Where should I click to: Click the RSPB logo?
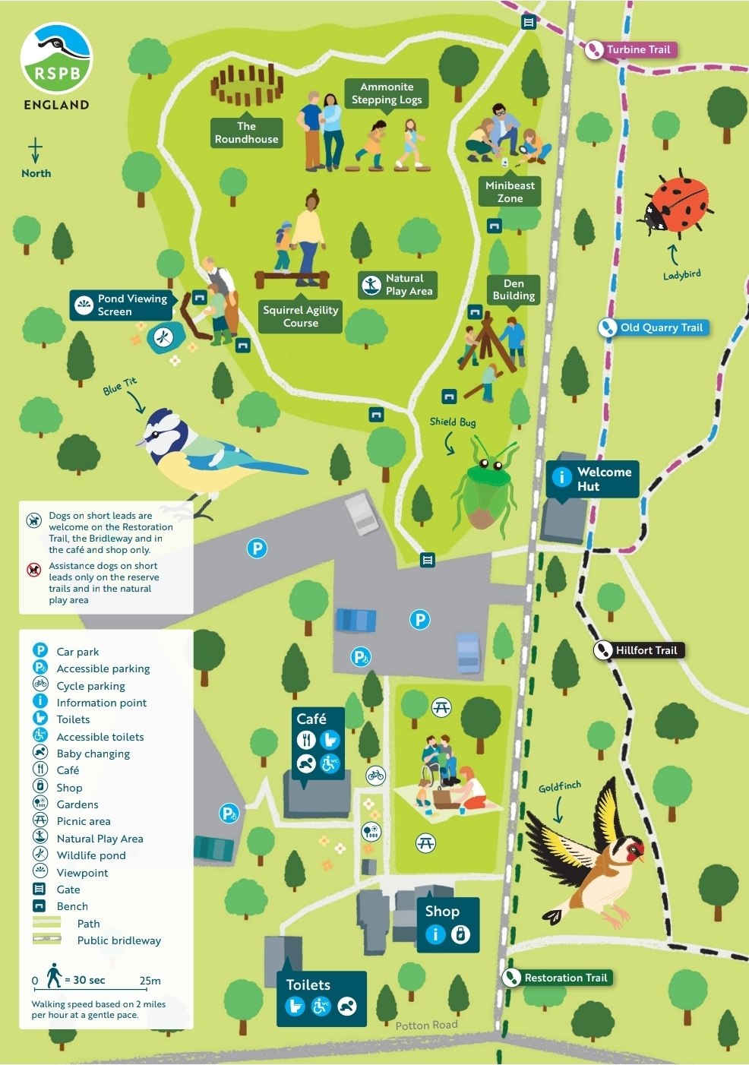56,58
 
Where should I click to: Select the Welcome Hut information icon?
561,477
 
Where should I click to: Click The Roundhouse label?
246,133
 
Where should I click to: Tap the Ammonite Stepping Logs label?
387,93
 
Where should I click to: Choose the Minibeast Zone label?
510,192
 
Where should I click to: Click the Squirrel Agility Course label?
300,317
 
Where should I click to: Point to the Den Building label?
514,289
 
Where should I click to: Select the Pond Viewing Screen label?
122,305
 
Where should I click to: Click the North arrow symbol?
35,150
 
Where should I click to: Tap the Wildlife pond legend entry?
91,855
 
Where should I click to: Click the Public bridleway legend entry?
119,940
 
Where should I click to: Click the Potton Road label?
426,1025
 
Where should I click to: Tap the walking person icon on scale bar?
53,976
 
